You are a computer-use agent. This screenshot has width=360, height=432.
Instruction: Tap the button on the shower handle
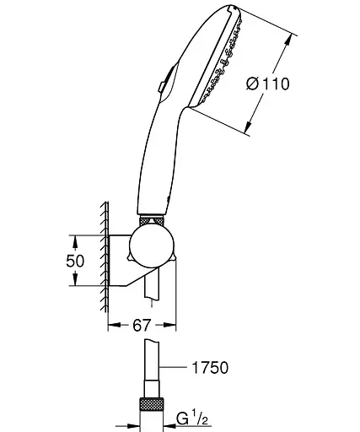coord(162,85)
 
